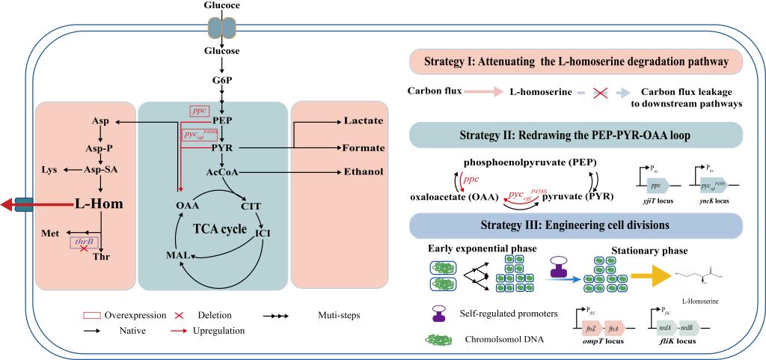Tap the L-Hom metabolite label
click(x=98, y=204)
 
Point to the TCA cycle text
click(x=219, y=228)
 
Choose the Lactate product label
click(x=363, y=120)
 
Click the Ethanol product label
click(x=363, y=171)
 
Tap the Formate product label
click(x=363, y=147)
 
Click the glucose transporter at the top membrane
click(x=222, y=27)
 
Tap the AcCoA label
click(x=222, y=171)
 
